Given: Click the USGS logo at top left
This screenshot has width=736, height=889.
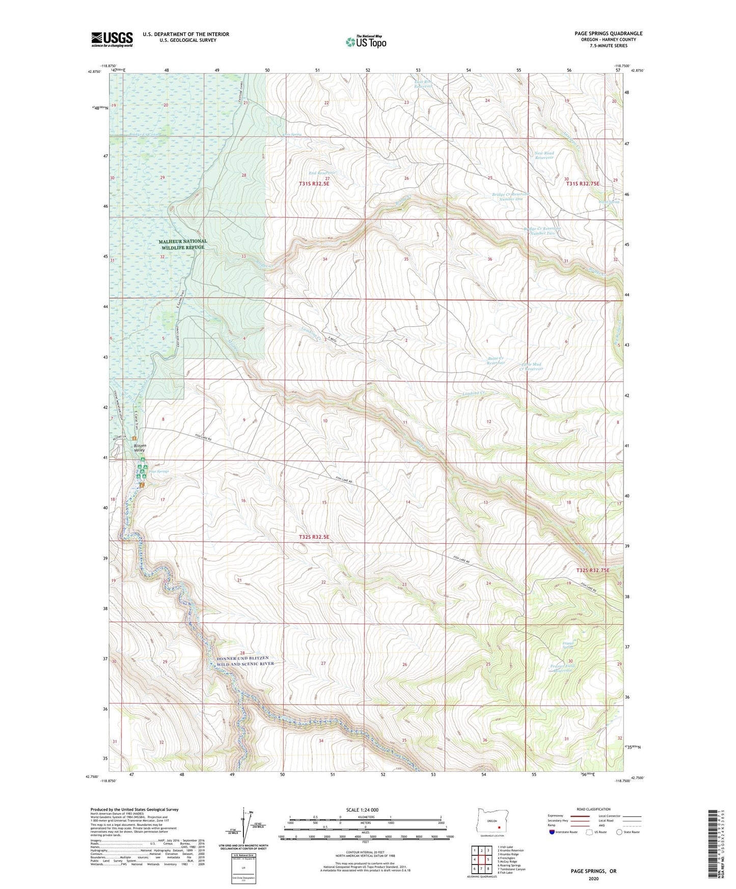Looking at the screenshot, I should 112,39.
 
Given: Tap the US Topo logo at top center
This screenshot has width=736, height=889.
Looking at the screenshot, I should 366,42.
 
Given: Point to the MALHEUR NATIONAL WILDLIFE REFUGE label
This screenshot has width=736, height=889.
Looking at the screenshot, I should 183,244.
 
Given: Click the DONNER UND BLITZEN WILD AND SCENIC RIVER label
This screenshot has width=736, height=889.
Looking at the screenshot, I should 242,660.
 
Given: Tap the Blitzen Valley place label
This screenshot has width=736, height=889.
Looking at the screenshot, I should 136,448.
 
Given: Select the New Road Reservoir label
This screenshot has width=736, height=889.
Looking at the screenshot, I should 544,155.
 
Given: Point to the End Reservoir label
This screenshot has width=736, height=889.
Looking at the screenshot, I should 322,173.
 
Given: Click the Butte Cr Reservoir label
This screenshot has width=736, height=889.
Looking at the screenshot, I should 496,360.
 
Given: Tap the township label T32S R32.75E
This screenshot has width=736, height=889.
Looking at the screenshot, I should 592,570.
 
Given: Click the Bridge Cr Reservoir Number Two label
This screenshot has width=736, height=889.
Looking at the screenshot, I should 542,231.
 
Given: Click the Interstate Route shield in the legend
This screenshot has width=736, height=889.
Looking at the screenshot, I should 553,832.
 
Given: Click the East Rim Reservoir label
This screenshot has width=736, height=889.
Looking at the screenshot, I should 423,84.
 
